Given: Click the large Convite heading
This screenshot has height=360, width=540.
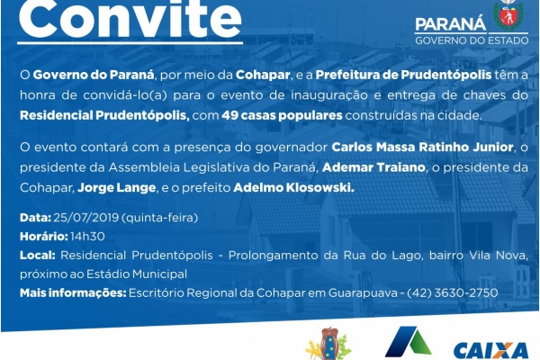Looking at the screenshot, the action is pyautogui.click(x=130, y=18).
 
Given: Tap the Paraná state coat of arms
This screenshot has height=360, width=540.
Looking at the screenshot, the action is pyautogui.click(x=508, y=14).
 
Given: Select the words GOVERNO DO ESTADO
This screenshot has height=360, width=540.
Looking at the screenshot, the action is pyautogui.click(x=472, y=40).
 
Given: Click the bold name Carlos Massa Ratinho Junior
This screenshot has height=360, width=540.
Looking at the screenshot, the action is pyautogui.click(x=422, y=148).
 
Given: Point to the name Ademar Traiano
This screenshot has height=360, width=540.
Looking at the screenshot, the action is pyautogui.click(x=373, y=167).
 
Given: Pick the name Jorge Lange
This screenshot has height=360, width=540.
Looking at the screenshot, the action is pyautogui.click(x=117, y=188).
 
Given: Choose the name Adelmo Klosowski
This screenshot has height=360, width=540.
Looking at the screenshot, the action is pyautogui.click(x=293, y=188).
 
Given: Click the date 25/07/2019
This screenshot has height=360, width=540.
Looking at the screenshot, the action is pyautogui.click(x=86, y=218).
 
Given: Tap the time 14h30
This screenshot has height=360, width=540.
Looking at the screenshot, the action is pyautogui.click(x=88, y=237).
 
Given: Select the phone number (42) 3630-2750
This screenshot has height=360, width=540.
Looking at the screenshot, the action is pyautogui.click(x=452, y=292).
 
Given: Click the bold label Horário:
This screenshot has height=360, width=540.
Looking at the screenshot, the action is pyautogui.click(x=44, y=237).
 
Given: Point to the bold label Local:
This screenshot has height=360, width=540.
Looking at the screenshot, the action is pyautogui.click(x=38, y=256).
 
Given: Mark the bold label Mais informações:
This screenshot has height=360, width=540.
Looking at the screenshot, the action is pyautogui.click(x=73, y=293).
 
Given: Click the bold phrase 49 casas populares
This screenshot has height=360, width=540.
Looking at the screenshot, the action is pyautogui.click(x=282, y=115).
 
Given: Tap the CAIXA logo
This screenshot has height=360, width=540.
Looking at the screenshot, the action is pyautogui.click(x=490, y=351).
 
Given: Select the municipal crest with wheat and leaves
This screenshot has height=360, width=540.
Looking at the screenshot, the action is pyautogui.click(x=328, y=345).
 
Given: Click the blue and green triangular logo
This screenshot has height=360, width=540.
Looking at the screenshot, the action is pyautogui.click(x=408, y=342).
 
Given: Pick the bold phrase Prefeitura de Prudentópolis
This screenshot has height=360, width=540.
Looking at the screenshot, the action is pyautogui.click(x=403, y=75).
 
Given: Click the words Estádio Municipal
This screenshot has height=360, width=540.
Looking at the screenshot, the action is pyautogui.click(x=137, y=274).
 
